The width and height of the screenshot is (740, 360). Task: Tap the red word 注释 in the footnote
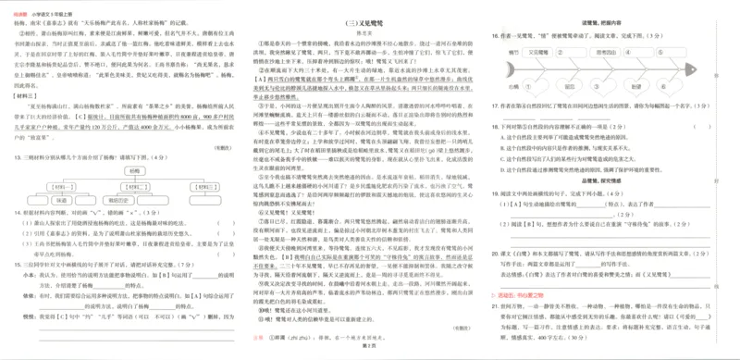(260, 337)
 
